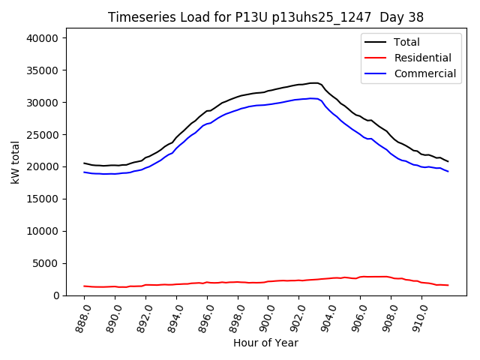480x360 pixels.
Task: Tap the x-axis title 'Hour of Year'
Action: [265, 343]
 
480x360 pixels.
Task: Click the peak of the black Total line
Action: [314, 82]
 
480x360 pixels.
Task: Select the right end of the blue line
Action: [448, 172]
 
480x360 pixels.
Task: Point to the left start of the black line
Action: [84, 163]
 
